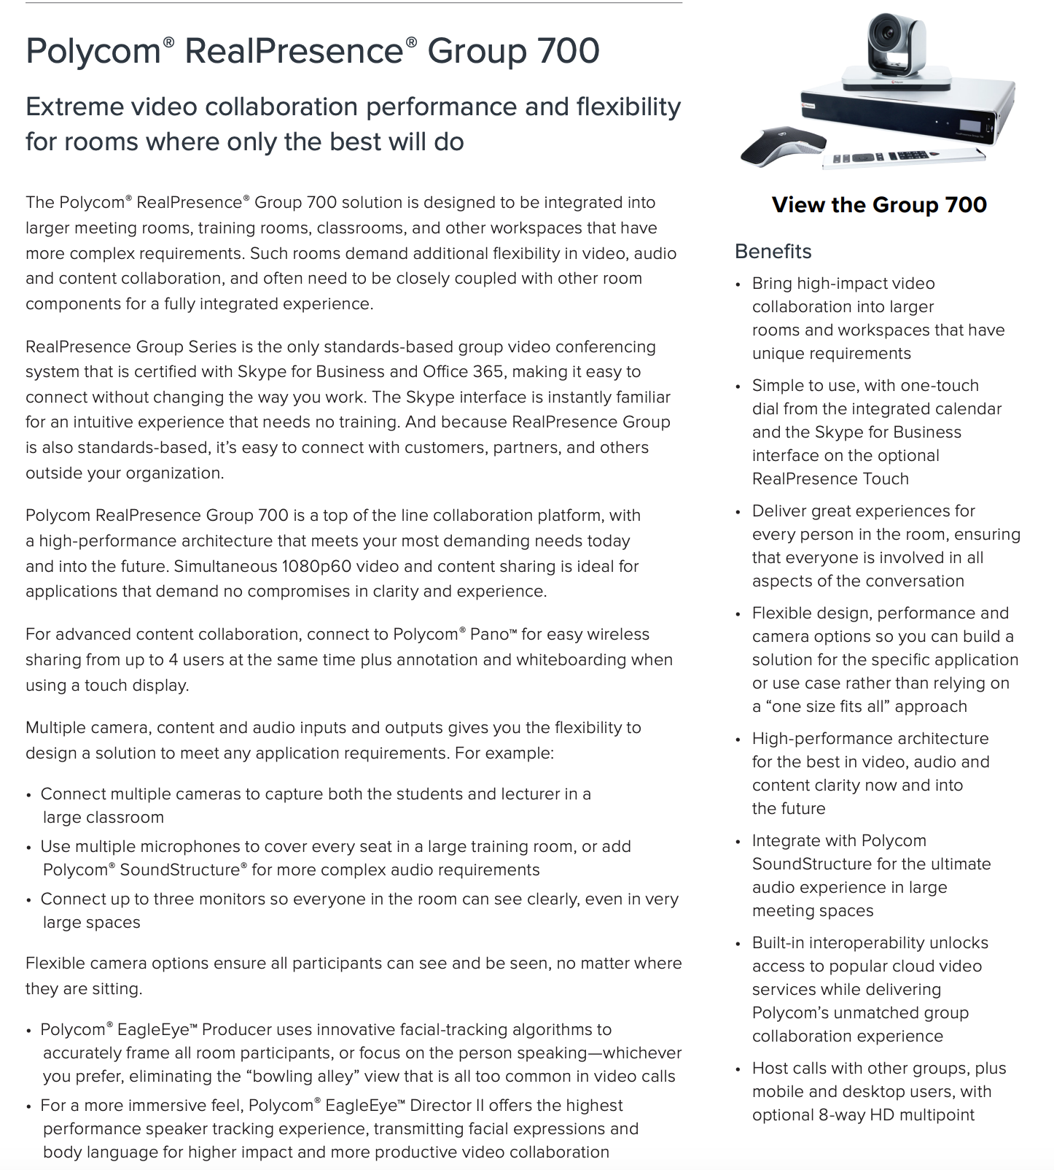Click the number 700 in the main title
(x=568, y=51)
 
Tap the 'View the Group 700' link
(x=879, y=205)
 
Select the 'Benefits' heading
(x=773, y=252)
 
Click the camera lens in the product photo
(x=888, y=34)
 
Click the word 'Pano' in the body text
(x=489, y=635)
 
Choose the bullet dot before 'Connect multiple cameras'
(x=29, y=795)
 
